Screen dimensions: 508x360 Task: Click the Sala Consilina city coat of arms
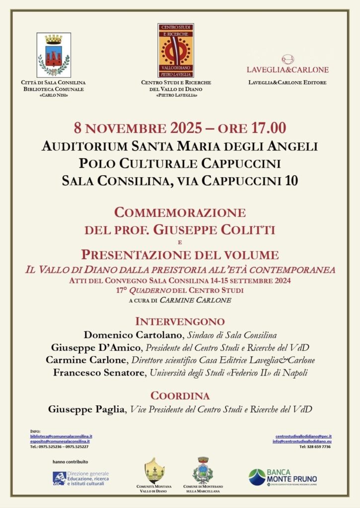[54, 55]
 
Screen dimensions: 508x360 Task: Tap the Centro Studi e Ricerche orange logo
[176, 50]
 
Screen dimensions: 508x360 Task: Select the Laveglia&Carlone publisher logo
[288, 64]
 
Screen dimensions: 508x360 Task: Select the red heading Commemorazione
[180, 213]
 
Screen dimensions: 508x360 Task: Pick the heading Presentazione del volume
[180, 255]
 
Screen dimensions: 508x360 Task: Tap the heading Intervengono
[180, 321]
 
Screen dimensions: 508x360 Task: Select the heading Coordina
[180, 396]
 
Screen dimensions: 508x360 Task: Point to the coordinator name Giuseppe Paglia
[87, 410]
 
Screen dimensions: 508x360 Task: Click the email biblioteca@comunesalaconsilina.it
[61, 436]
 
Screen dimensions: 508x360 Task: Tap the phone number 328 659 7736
[315, 446]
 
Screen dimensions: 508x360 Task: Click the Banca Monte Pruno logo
[283, 477]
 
